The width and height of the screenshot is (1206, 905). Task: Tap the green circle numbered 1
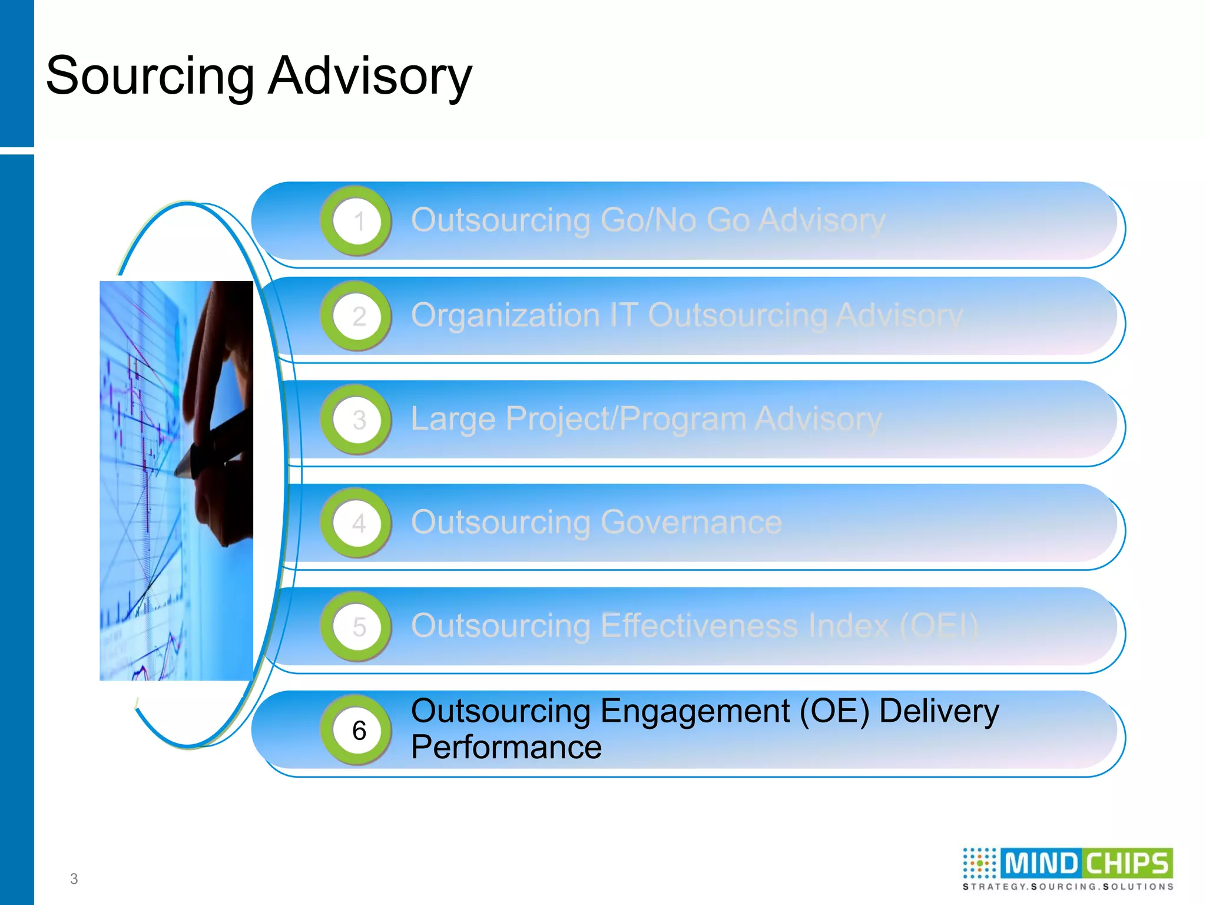point(357,221)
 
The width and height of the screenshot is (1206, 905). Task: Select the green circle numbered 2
point(357,316)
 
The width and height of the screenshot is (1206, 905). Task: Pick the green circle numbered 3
point(357,420)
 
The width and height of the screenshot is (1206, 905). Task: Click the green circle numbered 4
point(357,523)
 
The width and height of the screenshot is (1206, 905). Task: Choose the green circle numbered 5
point(357,626)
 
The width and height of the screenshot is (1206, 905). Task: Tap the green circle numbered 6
point(357,731)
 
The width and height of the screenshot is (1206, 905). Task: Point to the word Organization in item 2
point(505,316)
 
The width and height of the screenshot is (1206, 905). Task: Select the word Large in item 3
point(453,420)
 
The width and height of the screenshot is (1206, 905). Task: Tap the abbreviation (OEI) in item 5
point(939,626)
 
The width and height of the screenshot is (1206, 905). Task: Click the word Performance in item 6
point(506,748)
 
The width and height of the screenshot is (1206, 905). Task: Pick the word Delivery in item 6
point(939,711)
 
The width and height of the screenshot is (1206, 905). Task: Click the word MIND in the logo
point(1040,864)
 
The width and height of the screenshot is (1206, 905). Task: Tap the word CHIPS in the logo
point(1127,864)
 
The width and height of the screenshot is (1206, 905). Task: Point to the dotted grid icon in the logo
point(979,864)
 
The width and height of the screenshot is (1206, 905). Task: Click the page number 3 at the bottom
point(74,879)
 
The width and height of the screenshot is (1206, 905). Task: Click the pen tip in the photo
point(177,472)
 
